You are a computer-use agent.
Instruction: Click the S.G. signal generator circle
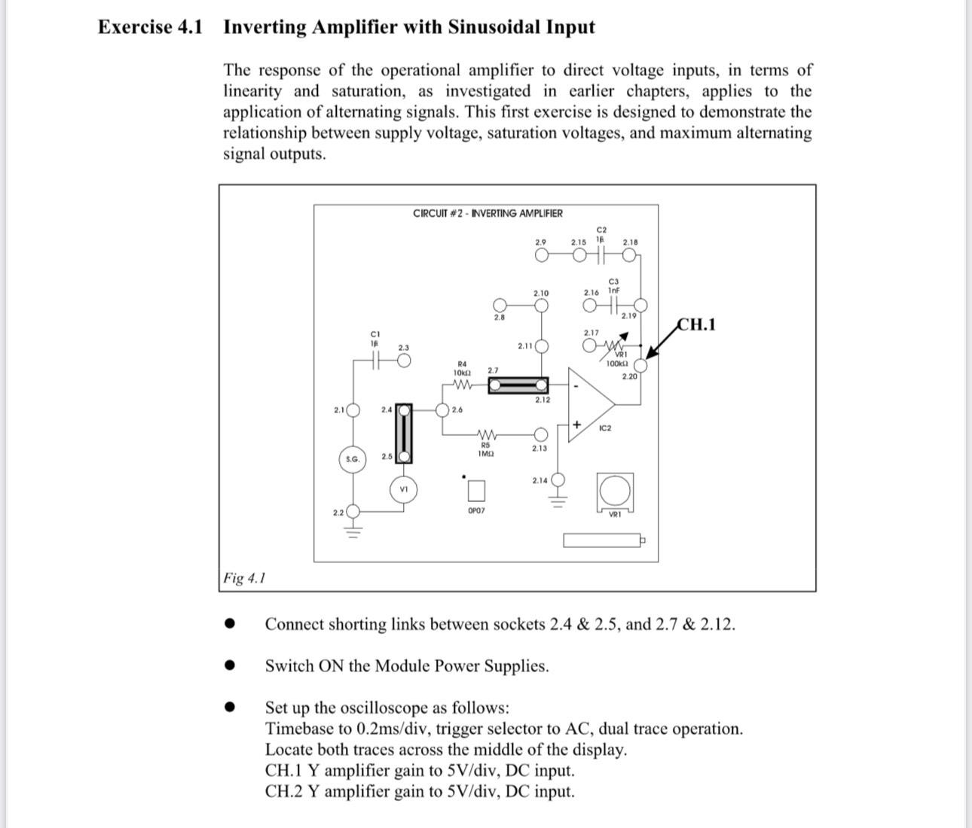coord(352,459)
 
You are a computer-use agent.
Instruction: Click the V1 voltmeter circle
coord(404,489)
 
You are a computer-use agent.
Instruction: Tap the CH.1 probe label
coord(697,324)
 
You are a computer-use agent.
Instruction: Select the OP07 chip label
coord(476,510)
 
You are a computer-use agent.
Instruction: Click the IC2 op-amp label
coord(605,428)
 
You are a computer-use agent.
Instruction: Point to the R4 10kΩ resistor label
coord(462,368)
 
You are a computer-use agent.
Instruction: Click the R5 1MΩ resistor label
coord(486,449)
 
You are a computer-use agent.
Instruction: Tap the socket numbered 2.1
coord(352,410)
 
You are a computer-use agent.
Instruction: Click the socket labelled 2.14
coord(558,480)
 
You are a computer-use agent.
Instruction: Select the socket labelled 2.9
coord(541,255)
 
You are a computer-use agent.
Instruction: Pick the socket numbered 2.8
coord(500,306)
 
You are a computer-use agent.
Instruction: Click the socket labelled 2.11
coord(541,346)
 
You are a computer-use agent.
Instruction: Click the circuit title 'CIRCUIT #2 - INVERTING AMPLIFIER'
coord(488,213)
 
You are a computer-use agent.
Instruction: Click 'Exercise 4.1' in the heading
coord(150,27)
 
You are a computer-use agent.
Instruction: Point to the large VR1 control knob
coord(615,491)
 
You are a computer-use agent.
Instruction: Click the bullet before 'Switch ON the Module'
coord(231,665)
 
